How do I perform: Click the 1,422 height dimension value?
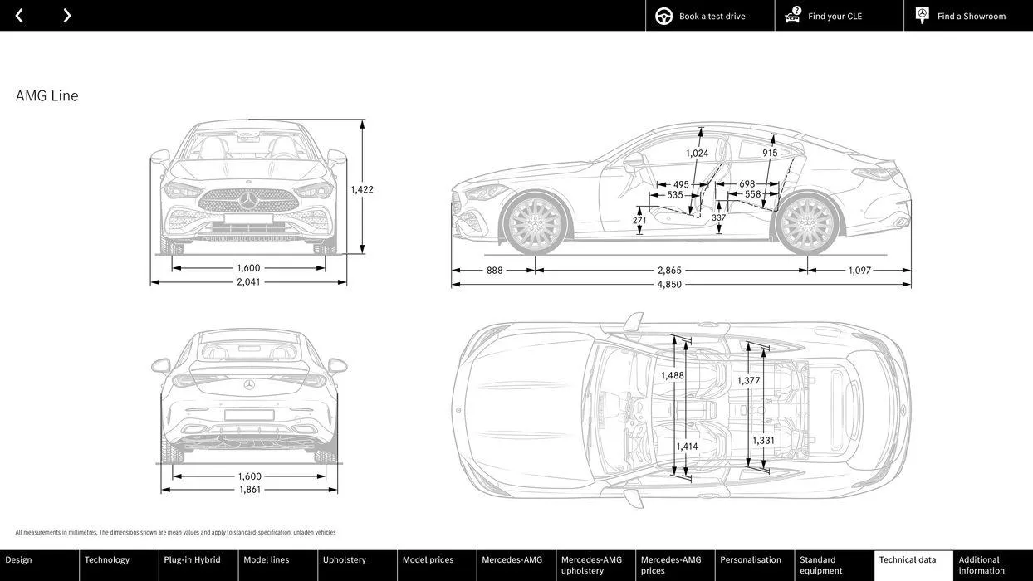coord(362,189)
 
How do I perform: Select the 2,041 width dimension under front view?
coord(248,282)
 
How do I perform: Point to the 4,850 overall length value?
coord(669,285)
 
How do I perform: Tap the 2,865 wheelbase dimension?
coord(669,271)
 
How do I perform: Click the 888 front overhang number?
coord(495,271)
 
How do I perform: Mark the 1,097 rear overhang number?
coord(859,271)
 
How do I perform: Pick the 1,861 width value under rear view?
coord(250,490)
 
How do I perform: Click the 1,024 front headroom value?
coord(697,154)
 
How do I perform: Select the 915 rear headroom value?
coord(770,154)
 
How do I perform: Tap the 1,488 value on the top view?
coord(673,376)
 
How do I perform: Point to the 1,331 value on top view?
coord(763,441)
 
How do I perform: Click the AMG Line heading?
coord(47,96)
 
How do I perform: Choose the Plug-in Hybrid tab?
coord(193,560)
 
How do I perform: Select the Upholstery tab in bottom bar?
coord(345,560)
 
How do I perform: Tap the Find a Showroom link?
coord(970,16)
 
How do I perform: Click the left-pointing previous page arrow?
coord(19,16)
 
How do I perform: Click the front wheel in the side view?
coord(536,225)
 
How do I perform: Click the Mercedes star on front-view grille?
coord(248,200)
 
